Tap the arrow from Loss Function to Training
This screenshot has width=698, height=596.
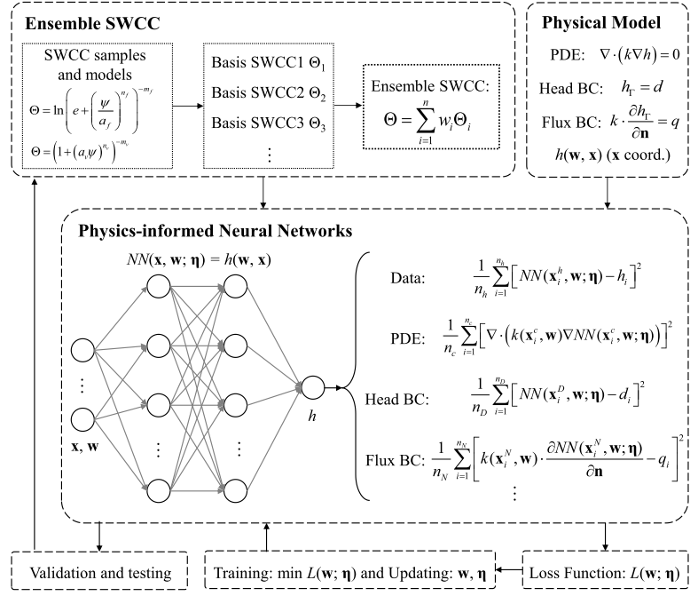[506, 565]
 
